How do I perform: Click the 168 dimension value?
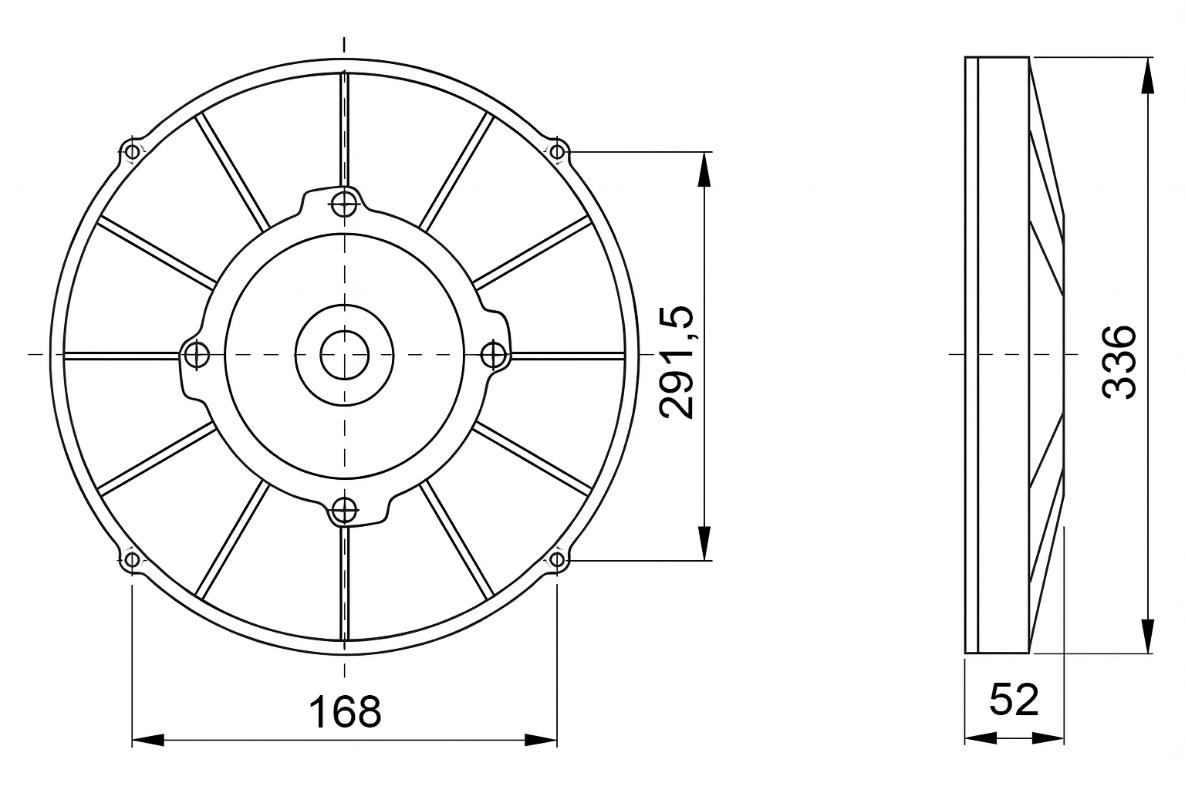(345, 712)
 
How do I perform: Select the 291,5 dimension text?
(676, 363)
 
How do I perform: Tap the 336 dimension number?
(1119, 362)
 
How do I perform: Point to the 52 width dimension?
(1015, 700)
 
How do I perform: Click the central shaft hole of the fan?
(344, 355)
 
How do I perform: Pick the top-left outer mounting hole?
(132, 153)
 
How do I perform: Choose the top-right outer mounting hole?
(557, 153)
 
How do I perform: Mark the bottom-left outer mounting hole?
(132, 559)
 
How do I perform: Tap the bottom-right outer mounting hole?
(557, 559)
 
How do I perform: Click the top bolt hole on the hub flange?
(344, 203)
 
